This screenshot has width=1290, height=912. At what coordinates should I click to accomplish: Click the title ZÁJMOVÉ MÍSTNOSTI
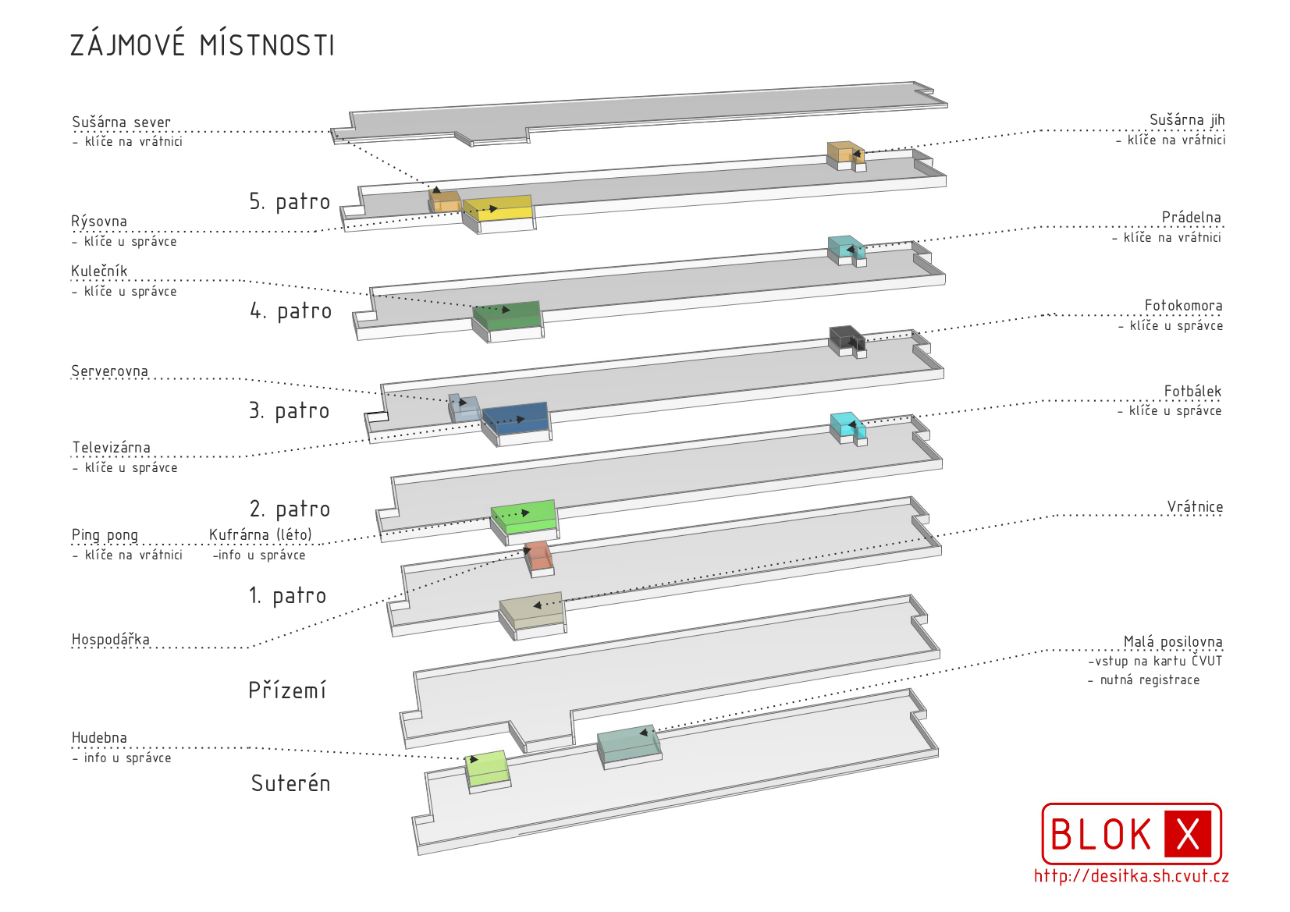coord(202,45)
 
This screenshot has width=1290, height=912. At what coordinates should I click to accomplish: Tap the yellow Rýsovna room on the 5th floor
coord(499,209)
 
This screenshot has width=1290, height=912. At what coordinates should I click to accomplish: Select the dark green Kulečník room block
coord(507,315)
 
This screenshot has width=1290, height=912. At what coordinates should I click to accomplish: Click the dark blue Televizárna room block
coord(516,418)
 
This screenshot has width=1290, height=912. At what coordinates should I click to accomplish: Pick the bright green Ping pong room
coord(524,516)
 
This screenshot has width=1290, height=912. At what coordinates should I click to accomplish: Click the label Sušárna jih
coord(1186,120)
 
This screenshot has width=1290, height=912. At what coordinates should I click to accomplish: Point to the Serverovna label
coord(109,371)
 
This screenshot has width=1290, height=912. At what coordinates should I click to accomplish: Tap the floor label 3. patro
coord(289,411)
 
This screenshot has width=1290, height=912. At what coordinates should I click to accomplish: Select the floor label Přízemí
coord(287,690)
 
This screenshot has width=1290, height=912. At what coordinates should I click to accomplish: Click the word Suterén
coord(290,783)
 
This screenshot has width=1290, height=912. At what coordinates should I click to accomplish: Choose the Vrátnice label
coord(1195,507)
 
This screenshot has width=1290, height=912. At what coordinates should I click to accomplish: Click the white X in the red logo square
coord(1187,834)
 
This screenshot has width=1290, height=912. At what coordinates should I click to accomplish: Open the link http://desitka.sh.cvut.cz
coord(1131,876)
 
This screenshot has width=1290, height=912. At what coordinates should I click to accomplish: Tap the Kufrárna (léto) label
coord(260,534)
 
